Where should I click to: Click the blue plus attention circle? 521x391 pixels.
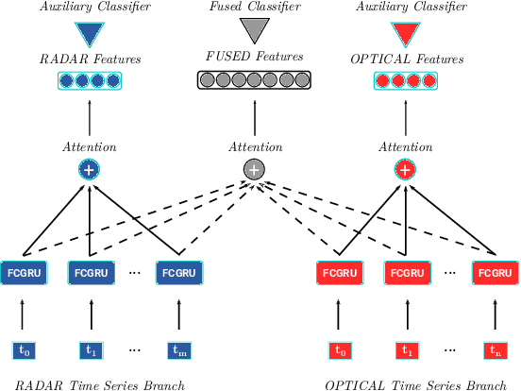(x=91, y=170)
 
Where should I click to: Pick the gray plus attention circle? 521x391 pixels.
(x=253, y=170)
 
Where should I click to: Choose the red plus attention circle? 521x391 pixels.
(x=405, y=170)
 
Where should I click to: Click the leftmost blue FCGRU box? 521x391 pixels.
(x=23, y=274)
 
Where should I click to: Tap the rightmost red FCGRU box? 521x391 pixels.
(x=496, y=274)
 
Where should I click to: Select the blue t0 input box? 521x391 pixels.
(x=24, y=349)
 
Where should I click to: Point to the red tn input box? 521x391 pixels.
(x=496, y=349)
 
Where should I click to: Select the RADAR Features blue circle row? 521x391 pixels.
(x=91, y=79)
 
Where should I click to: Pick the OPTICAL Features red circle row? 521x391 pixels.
(x=405, y=79)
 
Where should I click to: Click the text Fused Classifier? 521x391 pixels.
(x=253, y=8)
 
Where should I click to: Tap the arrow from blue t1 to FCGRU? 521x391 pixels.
(x=91, y=314)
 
